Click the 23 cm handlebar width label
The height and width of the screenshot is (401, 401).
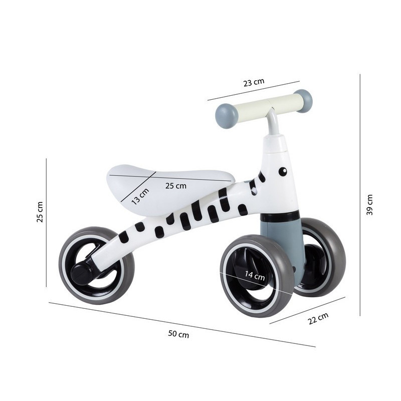[254, 82]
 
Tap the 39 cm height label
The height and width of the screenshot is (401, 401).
[369, 205]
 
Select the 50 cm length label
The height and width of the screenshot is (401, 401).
[178, 334]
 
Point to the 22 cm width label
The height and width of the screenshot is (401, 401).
[318, 318]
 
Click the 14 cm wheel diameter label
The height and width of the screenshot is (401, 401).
[255, 275]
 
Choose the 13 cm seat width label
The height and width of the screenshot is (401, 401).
[140, 196]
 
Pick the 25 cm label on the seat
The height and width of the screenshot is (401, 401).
[176, 185]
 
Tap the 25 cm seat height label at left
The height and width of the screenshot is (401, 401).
[40, 212]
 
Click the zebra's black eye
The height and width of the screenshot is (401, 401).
[283, 171]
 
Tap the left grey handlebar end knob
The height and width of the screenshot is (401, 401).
[226, 113]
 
